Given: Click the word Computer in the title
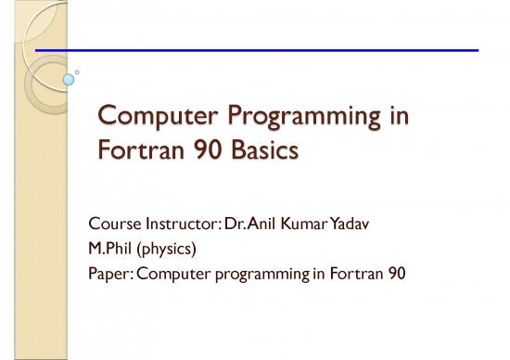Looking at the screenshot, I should (152, 118).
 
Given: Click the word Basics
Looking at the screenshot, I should (261, 148).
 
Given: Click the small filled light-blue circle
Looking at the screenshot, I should (68, 81).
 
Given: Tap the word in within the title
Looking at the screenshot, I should (371, 118).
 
